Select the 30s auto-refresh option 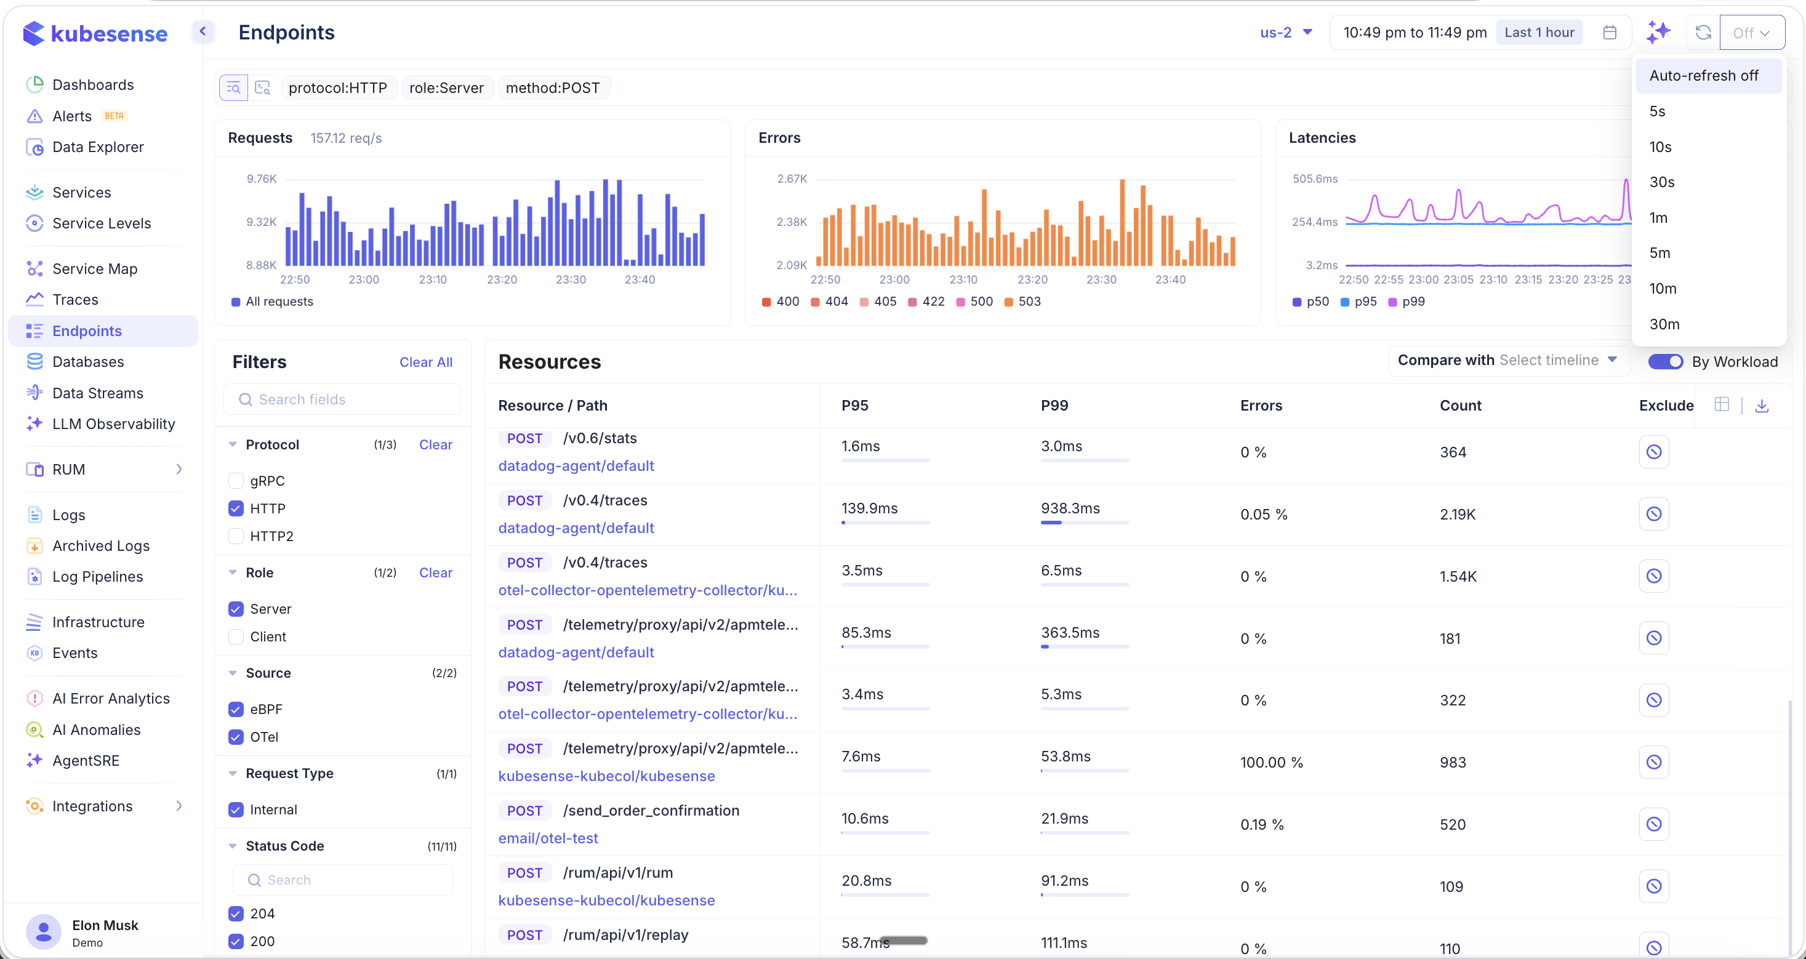click(1661, 182)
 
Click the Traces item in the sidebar click(75, 299)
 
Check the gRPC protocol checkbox click(236, 481)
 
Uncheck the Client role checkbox click(236, 636)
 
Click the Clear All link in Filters click(425, 362)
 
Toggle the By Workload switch click(1664, 362)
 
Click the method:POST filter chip click(553, 87)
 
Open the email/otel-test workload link click(548, 838)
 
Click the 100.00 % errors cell click(1271, 762)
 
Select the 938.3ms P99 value click(1070, 508)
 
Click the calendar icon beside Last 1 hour click(1610, 32)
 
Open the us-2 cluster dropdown click(1285, 32)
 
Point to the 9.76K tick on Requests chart click(262, 179)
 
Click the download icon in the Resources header click(1761, 405)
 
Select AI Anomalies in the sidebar click(96, 730)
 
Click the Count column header click(1459, 405)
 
